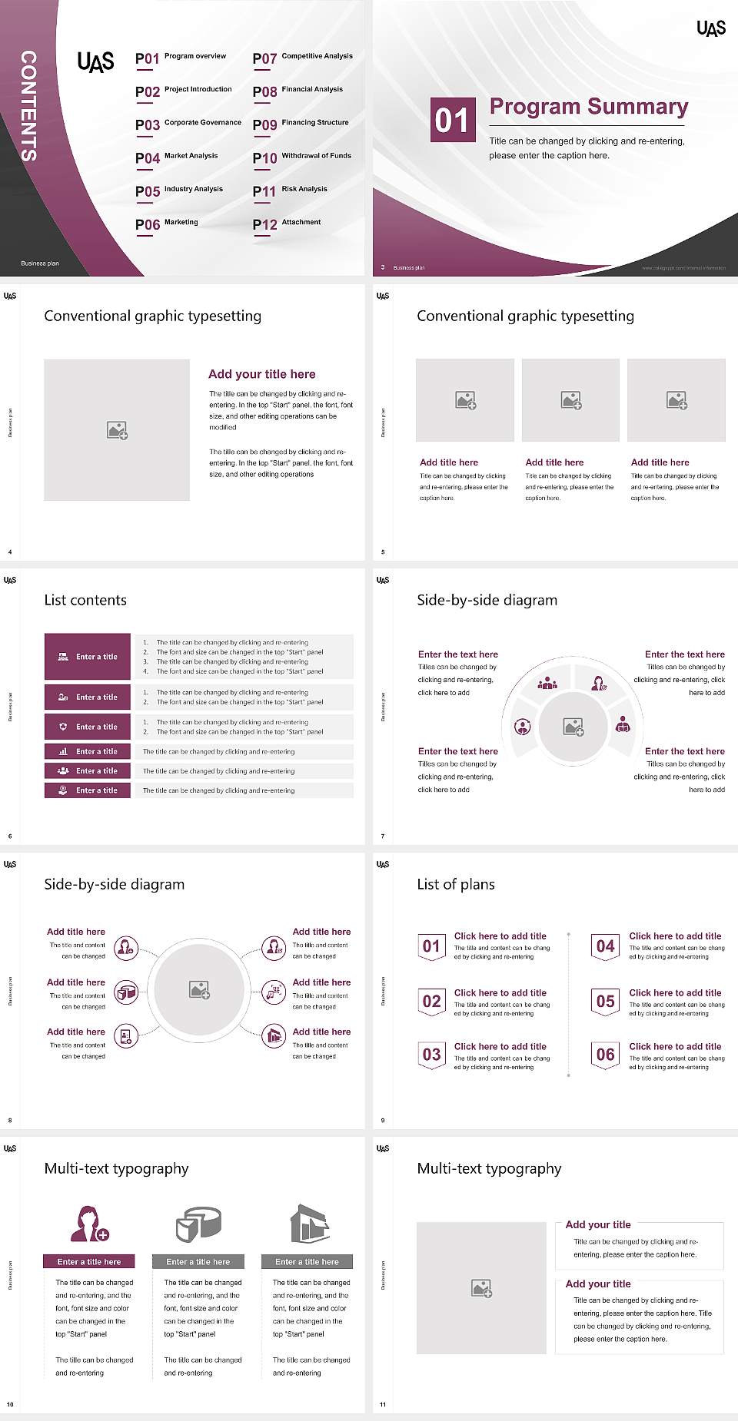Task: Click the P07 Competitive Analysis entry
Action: click(x=302, y=58)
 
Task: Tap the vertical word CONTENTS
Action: click(x=28, y=105)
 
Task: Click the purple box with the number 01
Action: click(x=452, y=120)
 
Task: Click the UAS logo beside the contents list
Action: click(x=95, y=61)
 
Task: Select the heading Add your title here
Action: click(x=261, y=374)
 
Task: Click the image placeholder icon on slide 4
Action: click(x=117, y=430)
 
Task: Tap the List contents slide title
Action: click(x=85, y=600)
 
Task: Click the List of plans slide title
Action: click(x=455, y=884)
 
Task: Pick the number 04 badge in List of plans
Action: click(x=606, y=946)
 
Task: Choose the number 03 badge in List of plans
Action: click(x=431, y=1055)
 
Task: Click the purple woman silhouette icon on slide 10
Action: click(x=88, y=1224)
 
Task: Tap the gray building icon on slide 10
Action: click(x=309, y=1224)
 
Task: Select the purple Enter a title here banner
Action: click(x=88, y=1261)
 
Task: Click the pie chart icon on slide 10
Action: click(x=198, y=1224)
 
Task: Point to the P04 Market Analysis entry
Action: click(x=177, y=157)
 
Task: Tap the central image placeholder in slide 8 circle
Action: click(x=200, y=989)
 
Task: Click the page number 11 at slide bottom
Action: click(x=383, y=1405)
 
